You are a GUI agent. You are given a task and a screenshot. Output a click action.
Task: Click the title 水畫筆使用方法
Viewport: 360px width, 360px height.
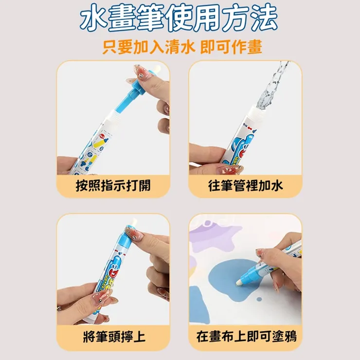[x=180, y=18]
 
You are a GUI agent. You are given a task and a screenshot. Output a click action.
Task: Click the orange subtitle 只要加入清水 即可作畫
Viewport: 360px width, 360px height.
[x=182, y=47]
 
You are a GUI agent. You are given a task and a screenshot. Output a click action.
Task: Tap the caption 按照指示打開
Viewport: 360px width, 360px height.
[x=113, y=185]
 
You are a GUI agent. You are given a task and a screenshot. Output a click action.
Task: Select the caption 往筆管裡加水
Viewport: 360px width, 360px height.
[x=245, y=185]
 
